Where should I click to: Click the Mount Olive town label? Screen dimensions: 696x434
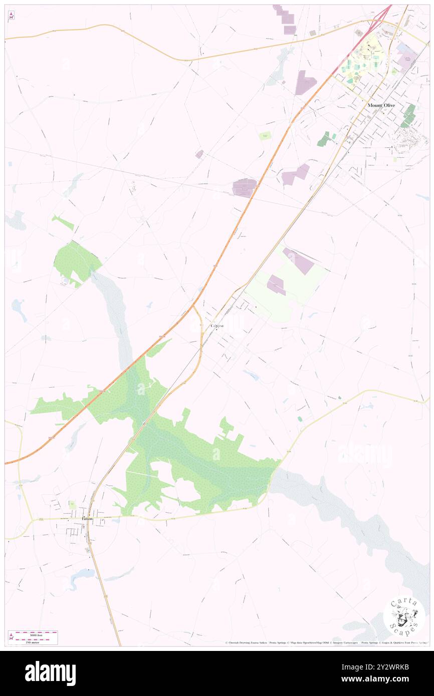click(x=381, y=105)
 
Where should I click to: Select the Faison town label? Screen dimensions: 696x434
click(x=87, y=519)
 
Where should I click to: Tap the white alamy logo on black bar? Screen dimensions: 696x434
click(x=50, y=673)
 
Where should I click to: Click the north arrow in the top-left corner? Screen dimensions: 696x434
click(x=11, y=16)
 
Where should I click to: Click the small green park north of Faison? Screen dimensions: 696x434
click(x=72, y=504)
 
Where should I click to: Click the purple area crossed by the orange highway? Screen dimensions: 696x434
click(x=244, y=188)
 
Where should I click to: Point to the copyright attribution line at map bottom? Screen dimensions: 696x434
click(x=326, y=642)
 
